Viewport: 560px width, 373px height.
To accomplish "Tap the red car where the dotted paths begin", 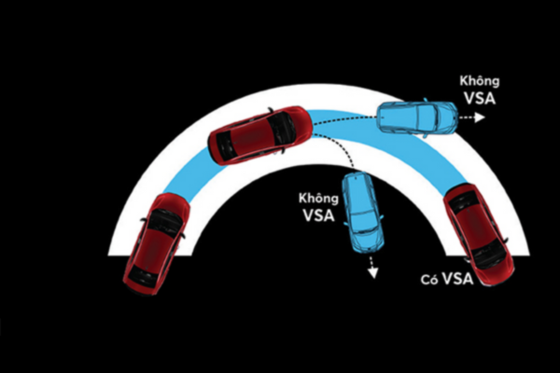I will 259,134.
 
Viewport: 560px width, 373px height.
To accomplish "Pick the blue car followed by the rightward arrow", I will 417,117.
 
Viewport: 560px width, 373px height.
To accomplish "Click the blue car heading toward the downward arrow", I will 362,212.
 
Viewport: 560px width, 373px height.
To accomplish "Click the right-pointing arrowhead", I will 481,118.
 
